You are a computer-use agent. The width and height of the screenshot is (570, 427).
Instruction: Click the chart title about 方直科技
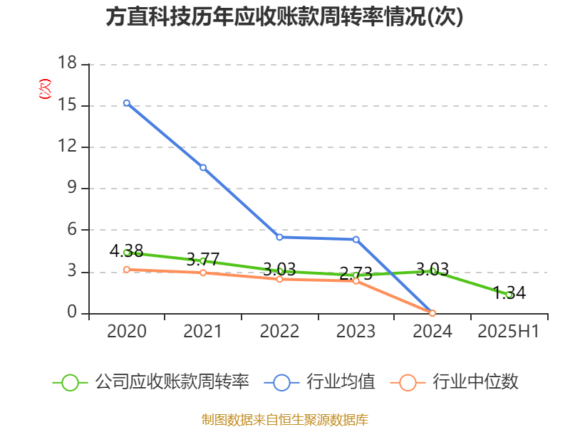point(285,17)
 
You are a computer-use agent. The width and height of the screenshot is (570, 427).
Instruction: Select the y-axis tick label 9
point(71,189)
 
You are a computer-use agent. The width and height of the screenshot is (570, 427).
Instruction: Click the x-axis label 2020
point(126,331)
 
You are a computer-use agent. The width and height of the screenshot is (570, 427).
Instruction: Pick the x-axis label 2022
point(279,331)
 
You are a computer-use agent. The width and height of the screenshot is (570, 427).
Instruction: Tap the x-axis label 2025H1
point(509,331)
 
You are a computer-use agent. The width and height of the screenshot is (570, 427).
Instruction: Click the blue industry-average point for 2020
point(127,103)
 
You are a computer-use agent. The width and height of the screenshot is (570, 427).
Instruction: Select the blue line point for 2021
point(203,167)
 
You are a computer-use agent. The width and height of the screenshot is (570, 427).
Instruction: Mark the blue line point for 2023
point(356,239)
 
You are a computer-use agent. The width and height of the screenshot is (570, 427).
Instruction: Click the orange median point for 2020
point(127,270)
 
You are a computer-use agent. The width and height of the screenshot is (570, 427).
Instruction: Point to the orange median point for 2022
point(279,279)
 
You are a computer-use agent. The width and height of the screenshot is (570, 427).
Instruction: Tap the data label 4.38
point(126,251)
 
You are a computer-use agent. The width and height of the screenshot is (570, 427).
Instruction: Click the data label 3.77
point(203,259)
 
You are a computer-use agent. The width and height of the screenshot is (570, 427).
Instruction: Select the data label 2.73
point(356,273)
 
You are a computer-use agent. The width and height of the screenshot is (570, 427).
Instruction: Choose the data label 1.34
point(509,292)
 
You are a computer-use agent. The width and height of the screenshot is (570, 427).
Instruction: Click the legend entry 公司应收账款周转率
point(171,382)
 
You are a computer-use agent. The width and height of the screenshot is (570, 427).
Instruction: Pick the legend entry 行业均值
point(341,382)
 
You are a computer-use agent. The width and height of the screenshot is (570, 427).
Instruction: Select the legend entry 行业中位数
point(475,382)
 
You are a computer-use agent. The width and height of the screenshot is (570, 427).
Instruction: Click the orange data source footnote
point(285,419)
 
